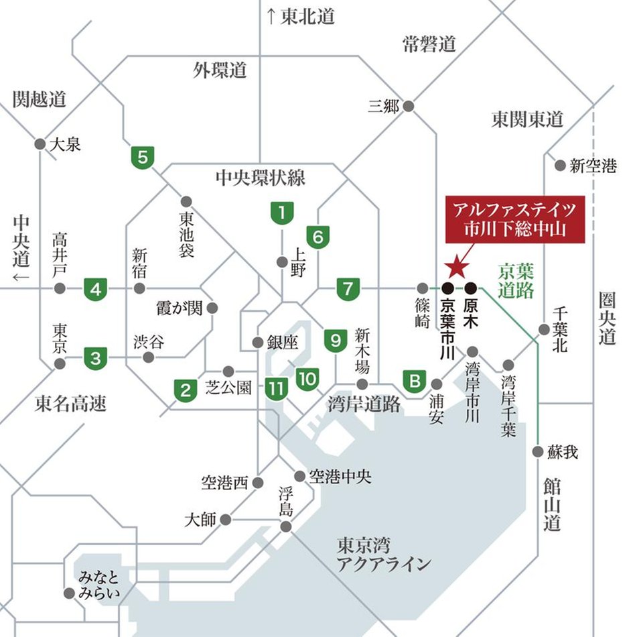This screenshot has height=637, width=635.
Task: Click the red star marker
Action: (457, 267)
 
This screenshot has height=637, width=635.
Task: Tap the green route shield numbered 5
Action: (142, 158)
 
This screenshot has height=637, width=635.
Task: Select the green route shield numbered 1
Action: (282, 213)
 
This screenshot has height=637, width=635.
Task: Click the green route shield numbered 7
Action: (348, 289)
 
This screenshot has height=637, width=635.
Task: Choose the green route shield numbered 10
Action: (307, 379)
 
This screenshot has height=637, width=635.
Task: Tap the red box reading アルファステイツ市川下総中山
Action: (515, 219)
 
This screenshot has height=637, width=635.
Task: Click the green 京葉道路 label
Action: (516, 280)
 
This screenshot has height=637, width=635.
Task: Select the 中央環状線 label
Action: (261, 177)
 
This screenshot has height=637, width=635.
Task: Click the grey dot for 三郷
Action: (409, 106)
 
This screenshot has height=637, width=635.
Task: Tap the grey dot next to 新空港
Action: (559, 165)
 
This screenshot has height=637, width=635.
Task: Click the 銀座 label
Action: (281, 342)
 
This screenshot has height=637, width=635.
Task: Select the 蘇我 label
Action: (562, 452)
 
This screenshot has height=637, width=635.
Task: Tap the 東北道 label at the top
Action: (301, 17)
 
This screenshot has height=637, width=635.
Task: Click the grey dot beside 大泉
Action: (39, 143)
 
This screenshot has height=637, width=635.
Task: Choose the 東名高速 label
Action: (70, 404)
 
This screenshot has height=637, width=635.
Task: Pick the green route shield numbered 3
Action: (96, 358)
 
